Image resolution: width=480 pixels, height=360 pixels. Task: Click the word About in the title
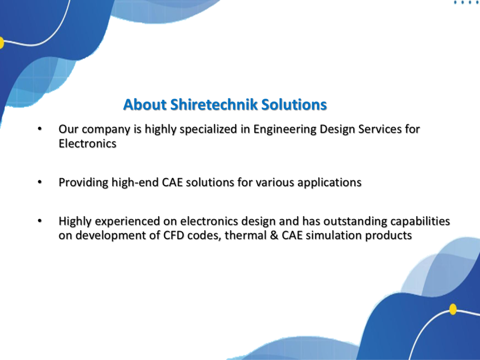pyautogui.click(x=145, y=105)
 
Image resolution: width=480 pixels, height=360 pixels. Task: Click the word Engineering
pyautogui.click(x=285, y=129)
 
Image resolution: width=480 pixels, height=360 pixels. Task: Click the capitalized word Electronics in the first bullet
pyautogui.click(x=88, y=143)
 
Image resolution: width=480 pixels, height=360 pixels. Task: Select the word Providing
pyautogui.click(x=83, y=183)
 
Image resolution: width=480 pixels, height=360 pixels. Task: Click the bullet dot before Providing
pyautogui.click(x=39, y=182)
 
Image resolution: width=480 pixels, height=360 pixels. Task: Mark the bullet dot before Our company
pyautogui.click(x=39, y=129)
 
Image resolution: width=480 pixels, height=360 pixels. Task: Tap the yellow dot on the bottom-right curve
pyautogui.click(x=453, y=309)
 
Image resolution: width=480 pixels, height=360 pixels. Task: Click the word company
pyautogui.click(x=106, y=130)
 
